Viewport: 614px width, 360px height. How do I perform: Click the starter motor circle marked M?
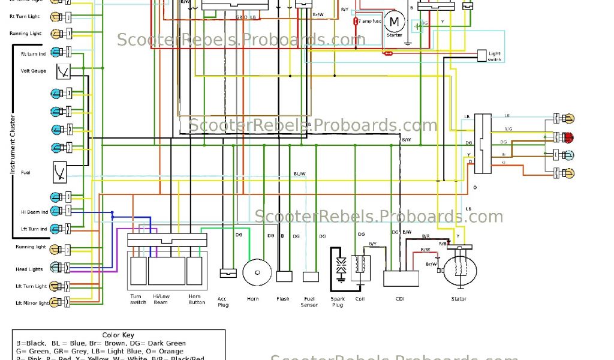click(x=394, y=22)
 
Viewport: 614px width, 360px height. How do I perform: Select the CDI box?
click(x=401, y=279)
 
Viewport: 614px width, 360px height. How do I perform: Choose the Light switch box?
click(x=481, y=56)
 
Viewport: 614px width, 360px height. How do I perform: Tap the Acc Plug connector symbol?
click(x=228, y=272)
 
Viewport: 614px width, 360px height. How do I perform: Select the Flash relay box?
click(x=284, y=277)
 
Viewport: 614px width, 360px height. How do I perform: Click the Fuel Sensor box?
click(x=310, y=277)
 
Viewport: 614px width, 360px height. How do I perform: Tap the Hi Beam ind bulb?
click(x=56, y=211)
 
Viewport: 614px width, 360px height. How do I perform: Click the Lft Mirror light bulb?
click(x=56, y=302)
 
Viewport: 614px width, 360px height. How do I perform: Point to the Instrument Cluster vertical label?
click(x=11, y=144)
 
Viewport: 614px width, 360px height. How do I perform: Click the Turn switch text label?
click(x=138, y=299)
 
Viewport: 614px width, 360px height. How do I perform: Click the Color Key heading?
click(x=119, y=335)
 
